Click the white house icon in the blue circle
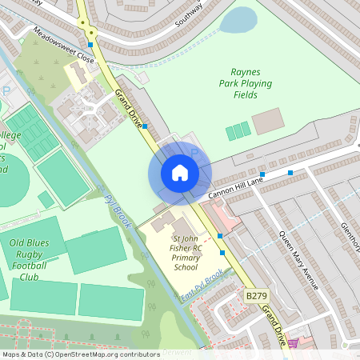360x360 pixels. click(180, 173)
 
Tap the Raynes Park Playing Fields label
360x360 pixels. click(245, 83)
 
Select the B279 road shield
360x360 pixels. click(255, 296)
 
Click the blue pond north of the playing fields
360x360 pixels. click(238, 20)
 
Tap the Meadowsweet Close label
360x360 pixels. click(63, 47)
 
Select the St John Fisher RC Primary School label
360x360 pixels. click(186, 253)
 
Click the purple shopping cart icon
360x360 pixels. click(293, 342)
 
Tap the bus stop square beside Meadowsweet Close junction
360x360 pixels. click(90, 45)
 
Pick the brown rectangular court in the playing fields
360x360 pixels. click(267, 122)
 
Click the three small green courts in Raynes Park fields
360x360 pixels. click(238, 132)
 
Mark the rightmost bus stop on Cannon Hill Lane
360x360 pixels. click(290, 173)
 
